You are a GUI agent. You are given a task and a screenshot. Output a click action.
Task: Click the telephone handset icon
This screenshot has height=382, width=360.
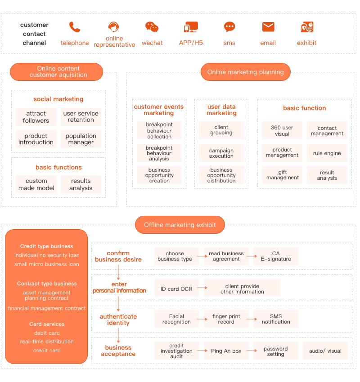click(x=75, y=27)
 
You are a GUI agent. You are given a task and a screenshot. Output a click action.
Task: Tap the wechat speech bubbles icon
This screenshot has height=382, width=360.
click(x=152, y=27)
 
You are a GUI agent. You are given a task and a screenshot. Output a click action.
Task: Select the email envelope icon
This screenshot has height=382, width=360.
click(x=268, y=27)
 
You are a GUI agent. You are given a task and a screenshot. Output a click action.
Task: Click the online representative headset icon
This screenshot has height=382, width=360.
click(x=114, y=27)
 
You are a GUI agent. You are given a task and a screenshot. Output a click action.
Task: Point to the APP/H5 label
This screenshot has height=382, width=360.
click(x=191, y=43)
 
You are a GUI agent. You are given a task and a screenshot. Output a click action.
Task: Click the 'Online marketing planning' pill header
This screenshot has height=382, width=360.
click(x=246, y=72)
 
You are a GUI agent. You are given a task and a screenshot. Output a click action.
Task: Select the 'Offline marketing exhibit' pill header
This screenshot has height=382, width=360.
click(x=180, y=225)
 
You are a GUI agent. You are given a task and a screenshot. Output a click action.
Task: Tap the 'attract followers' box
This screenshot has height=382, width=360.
click(x=36, y=117)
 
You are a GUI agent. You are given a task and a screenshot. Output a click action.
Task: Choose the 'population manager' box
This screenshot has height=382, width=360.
click(x=81, y=139)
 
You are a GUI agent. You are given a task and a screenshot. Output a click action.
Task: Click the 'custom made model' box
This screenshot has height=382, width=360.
click(x=36, y=184)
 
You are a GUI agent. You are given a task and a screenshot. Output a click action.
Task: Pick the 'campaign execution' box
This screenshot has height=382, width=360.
click(x=221, y=153)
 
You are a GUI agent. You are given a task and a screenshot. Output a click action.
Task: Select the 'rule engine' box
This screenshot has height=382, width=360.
click(x=327, y=153)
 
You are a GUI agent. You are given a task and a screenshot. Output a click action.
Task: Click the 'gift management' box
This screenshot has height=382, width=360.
click(x=282, y=175)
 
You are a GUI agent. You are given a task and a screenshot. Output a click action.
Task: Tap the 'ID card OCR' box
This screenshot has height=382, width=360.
click(x=176, y=289)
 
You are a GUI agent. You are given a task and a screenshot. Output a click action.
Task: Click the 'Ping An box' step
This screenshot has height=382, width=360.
click(x=226, y=351)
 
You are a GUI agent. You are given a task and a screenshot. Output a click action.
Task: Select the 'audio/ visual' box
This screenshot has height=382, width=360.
click(x=325, y=351)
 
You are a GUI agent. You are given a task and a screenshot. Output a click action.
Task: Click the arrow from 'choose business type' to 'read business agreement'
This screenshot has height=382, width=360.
click(x=202, y=256)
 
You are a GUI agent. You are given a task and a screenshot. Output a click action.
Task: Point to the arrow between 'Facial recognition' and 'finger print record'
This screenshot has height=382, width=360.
click(x=202, y=319)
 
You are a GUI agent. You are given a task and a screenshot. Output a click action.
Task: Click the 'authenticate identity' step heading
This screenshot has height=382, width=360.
click(x=118, y=320)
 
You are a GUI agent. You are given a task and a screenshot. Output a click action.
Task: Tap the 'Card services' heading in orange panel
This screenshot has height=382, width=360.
click(x=47, y=324)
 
